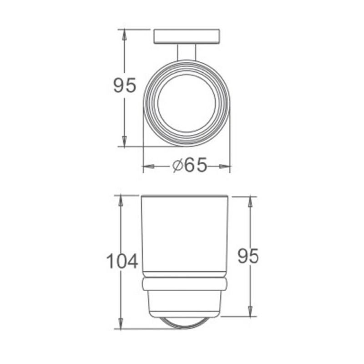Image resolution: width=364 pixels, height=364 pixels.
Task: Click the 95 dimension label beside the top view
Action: click(124, 85)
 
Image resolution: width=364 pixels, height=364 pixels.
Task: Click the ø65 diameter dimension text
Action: click(190, 165)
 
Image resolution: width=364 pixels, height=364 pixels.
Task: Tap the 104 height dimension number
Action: click(122, 261)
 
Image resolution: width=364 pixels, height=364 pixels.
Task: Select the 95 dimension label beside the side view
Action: click(248, 256)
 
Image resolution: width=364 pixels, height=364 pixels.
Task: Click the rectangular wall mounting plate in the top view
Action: click(187, 36)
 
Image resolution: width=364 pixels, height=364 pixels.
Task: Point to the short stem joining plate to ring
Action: click(187, 52)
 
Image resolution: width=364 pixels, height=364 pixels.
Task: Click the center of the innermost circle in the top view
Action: click(187, 103)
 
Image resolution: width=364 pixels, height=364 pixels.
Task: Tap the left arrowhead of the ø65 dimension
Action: click(149, 166)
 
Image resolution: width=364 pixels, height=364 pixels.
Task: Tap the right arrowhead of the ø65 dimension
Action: click(225, 166)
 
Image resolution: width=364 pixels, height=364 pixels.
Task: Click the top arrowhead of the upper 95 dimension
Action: click(124, 35)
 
